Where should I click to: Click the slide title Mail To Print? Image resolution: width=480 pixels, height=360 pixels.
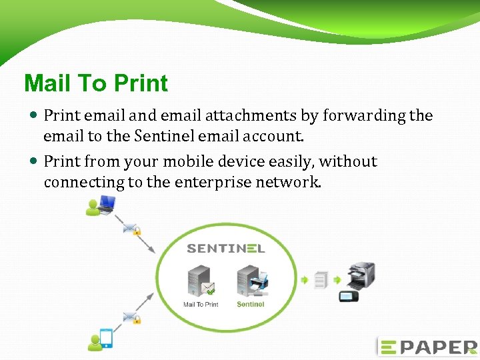click(x=96, y=83)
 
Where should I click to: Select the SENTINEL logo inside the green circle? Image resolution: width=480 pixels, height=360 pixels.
click(x=226, y=249)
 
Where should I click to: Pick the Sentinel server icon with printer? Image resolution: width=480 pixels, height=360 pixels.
click(x=251, y=281)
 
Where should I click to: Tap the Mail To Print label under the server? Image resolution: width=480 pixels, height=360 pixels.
click(x=201, y=305)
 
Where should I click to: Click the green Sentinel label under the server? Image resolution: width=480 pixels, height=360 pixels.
click(x=251, y=305)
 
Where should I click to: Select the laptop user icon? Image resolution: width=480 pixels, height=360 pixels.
click(x=101, y=205)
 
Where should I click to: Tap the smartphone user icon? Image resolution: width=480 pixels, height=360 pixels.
click(x=101, y=339)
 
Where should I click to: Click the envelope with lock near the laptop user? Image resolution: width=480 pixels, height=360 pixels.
click(x=131, y=229)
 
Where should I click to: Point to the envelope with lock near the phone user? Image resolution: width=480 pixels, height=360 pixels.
click(x=131, y=317)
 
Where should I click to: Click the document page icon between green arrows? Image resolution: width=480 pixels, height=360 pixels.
click(x=322, y=281)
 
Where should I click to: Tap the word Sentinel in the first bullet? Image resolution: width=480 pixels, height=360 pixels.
click(x=162, y=136)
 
